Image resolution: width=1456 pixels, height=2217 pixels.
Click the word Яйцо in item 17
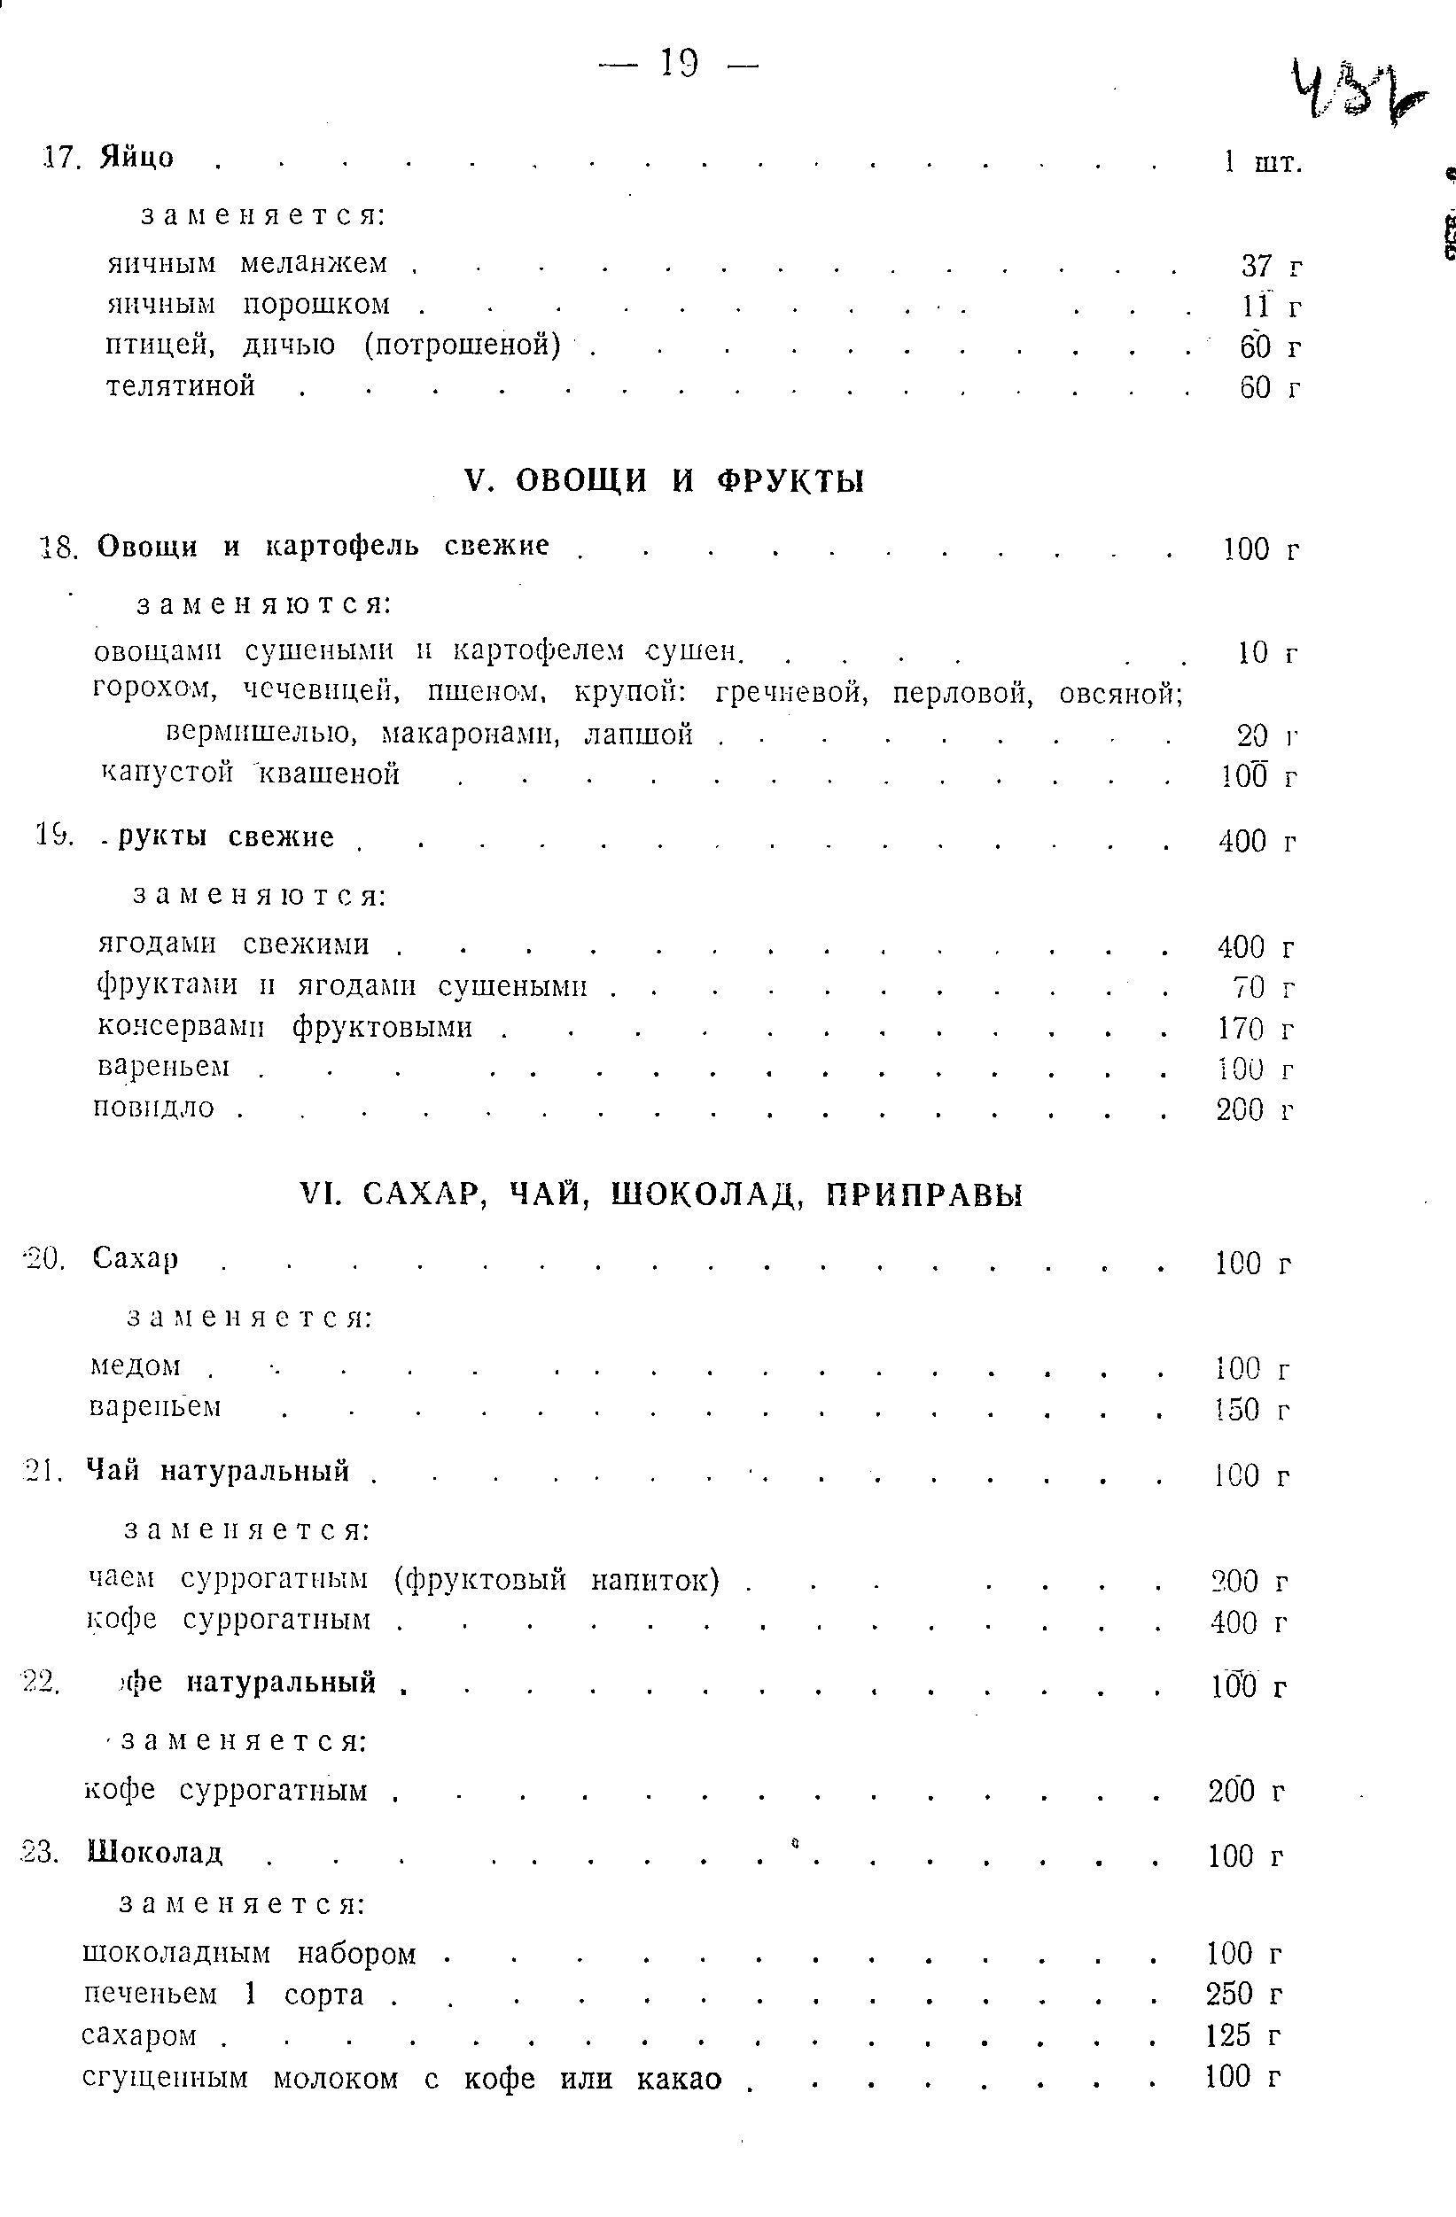coord(137,157)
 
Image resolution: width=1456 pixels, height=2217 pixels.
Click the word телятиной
coord(181,385)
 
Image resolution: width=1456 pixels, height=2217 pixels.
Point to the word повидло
coord(154,1108)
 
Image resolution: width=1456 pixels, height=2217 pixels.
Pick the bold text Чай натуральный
coord(218,1471)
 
